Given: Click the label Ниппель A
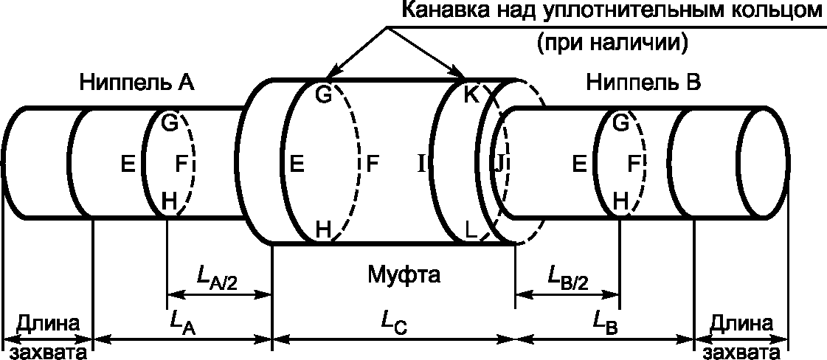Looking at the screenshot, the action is (136, 83).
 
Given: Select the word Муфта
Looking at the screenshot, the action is (404, 275).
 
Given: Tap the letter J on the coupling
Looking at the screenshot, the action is (499, 165).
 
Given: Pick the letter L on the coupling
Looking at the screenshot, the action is (473, 230).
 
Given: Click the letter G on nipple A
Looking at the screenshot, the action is (170, 123).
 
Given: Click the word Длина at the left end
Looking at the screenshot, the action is (48, 322).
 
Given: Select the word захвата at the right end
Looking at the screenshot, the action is (741, 352).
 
